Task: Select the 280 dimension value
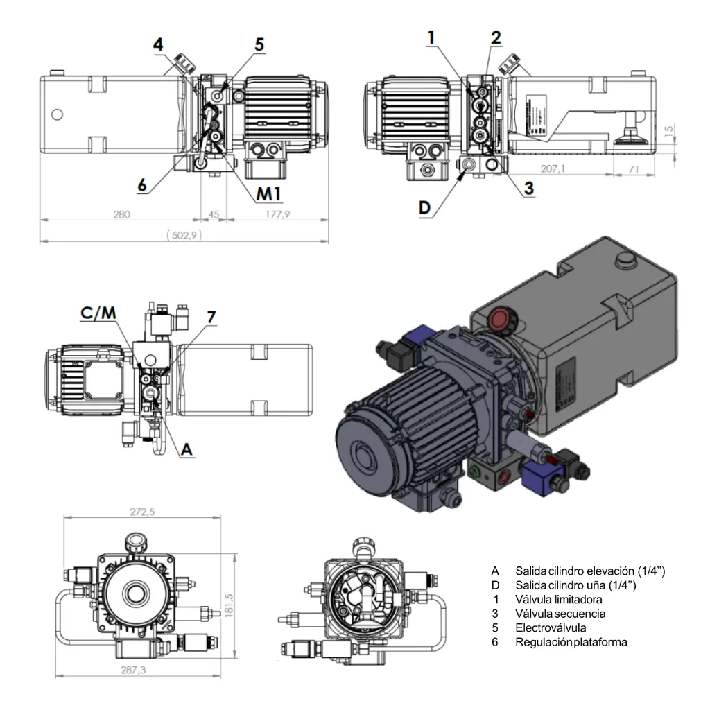point(121,215)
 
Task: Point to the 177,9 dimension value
point(277,215)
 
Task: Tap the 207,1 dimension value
point(553,168)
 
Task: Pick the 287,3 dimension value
point(142,670)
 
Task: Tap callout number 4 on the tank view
point(159,45)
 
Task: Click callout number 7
point(211,317)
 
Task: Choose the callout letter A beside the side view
point(185,449)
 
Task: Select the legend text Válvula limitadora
point(558,599)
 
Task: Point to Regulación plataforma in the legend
point(571,642)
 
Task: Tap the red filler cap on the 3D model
point(499,320)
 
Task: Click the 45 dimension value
point(214,215)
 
